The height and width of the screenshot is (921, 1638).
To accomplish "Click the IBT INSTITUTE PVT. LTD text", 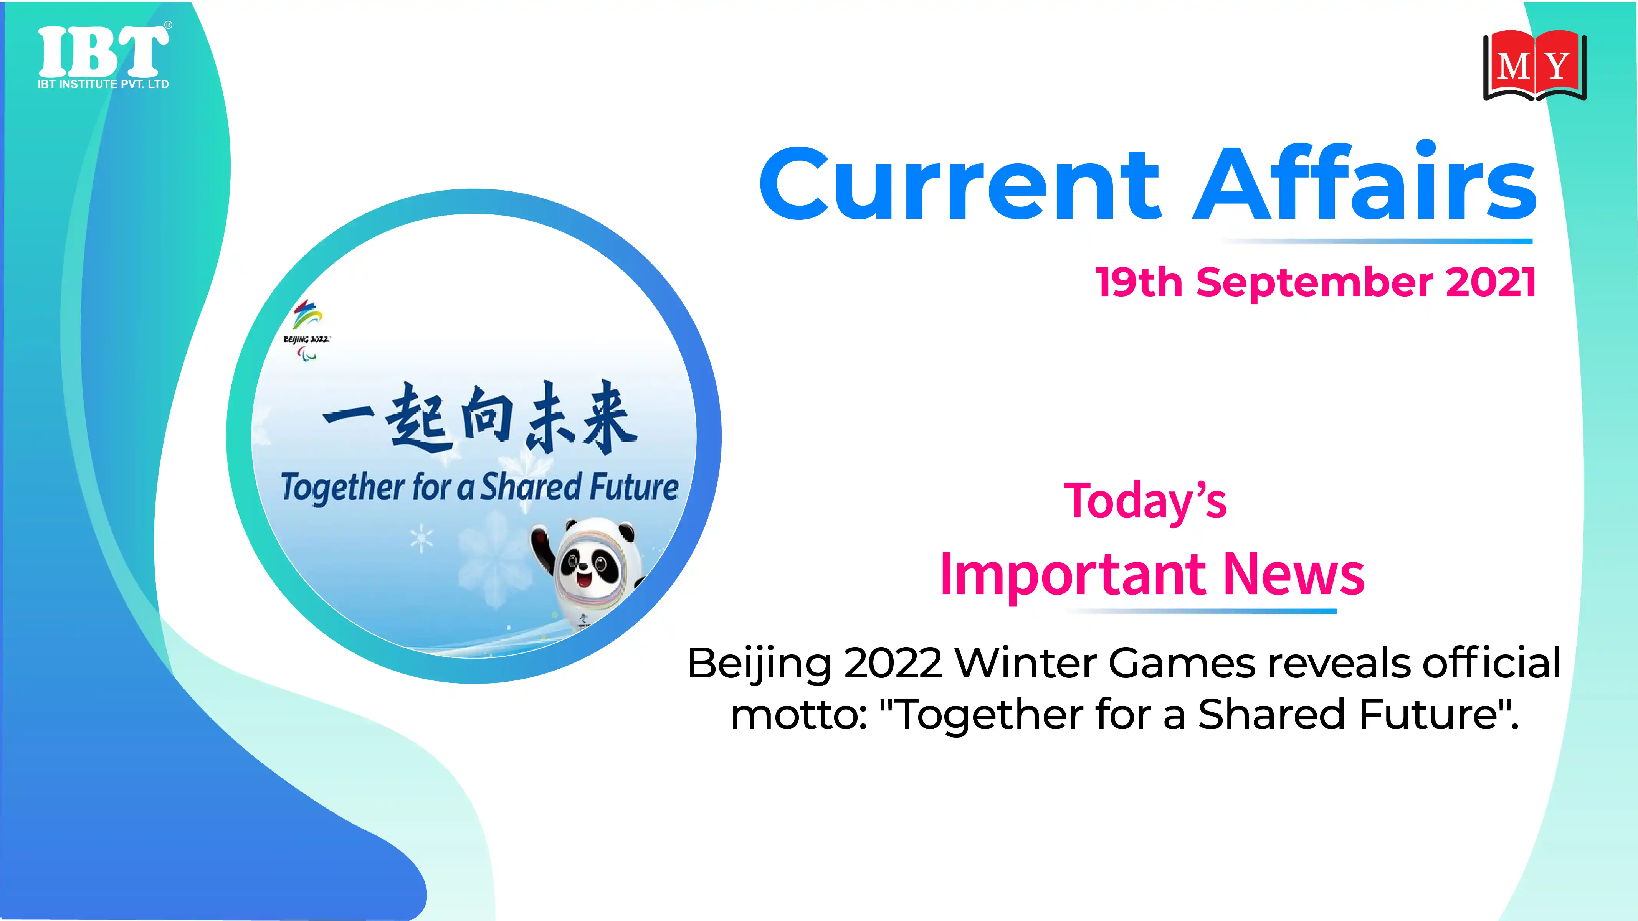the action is [x=103, y=84].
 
